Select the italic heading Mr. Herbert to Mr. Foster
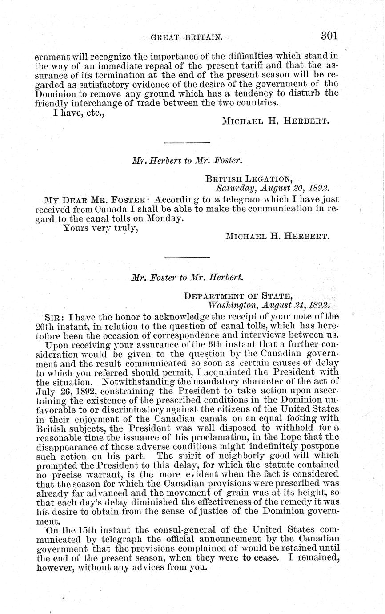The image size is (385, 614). pos(186,160)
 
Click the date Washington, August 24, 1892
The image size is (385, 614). pos(269,305)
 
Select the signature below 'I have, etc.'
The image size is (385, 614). pos(276,121)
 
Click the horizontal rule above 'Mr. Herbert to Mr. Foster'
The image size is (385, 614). pos(187,142)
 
